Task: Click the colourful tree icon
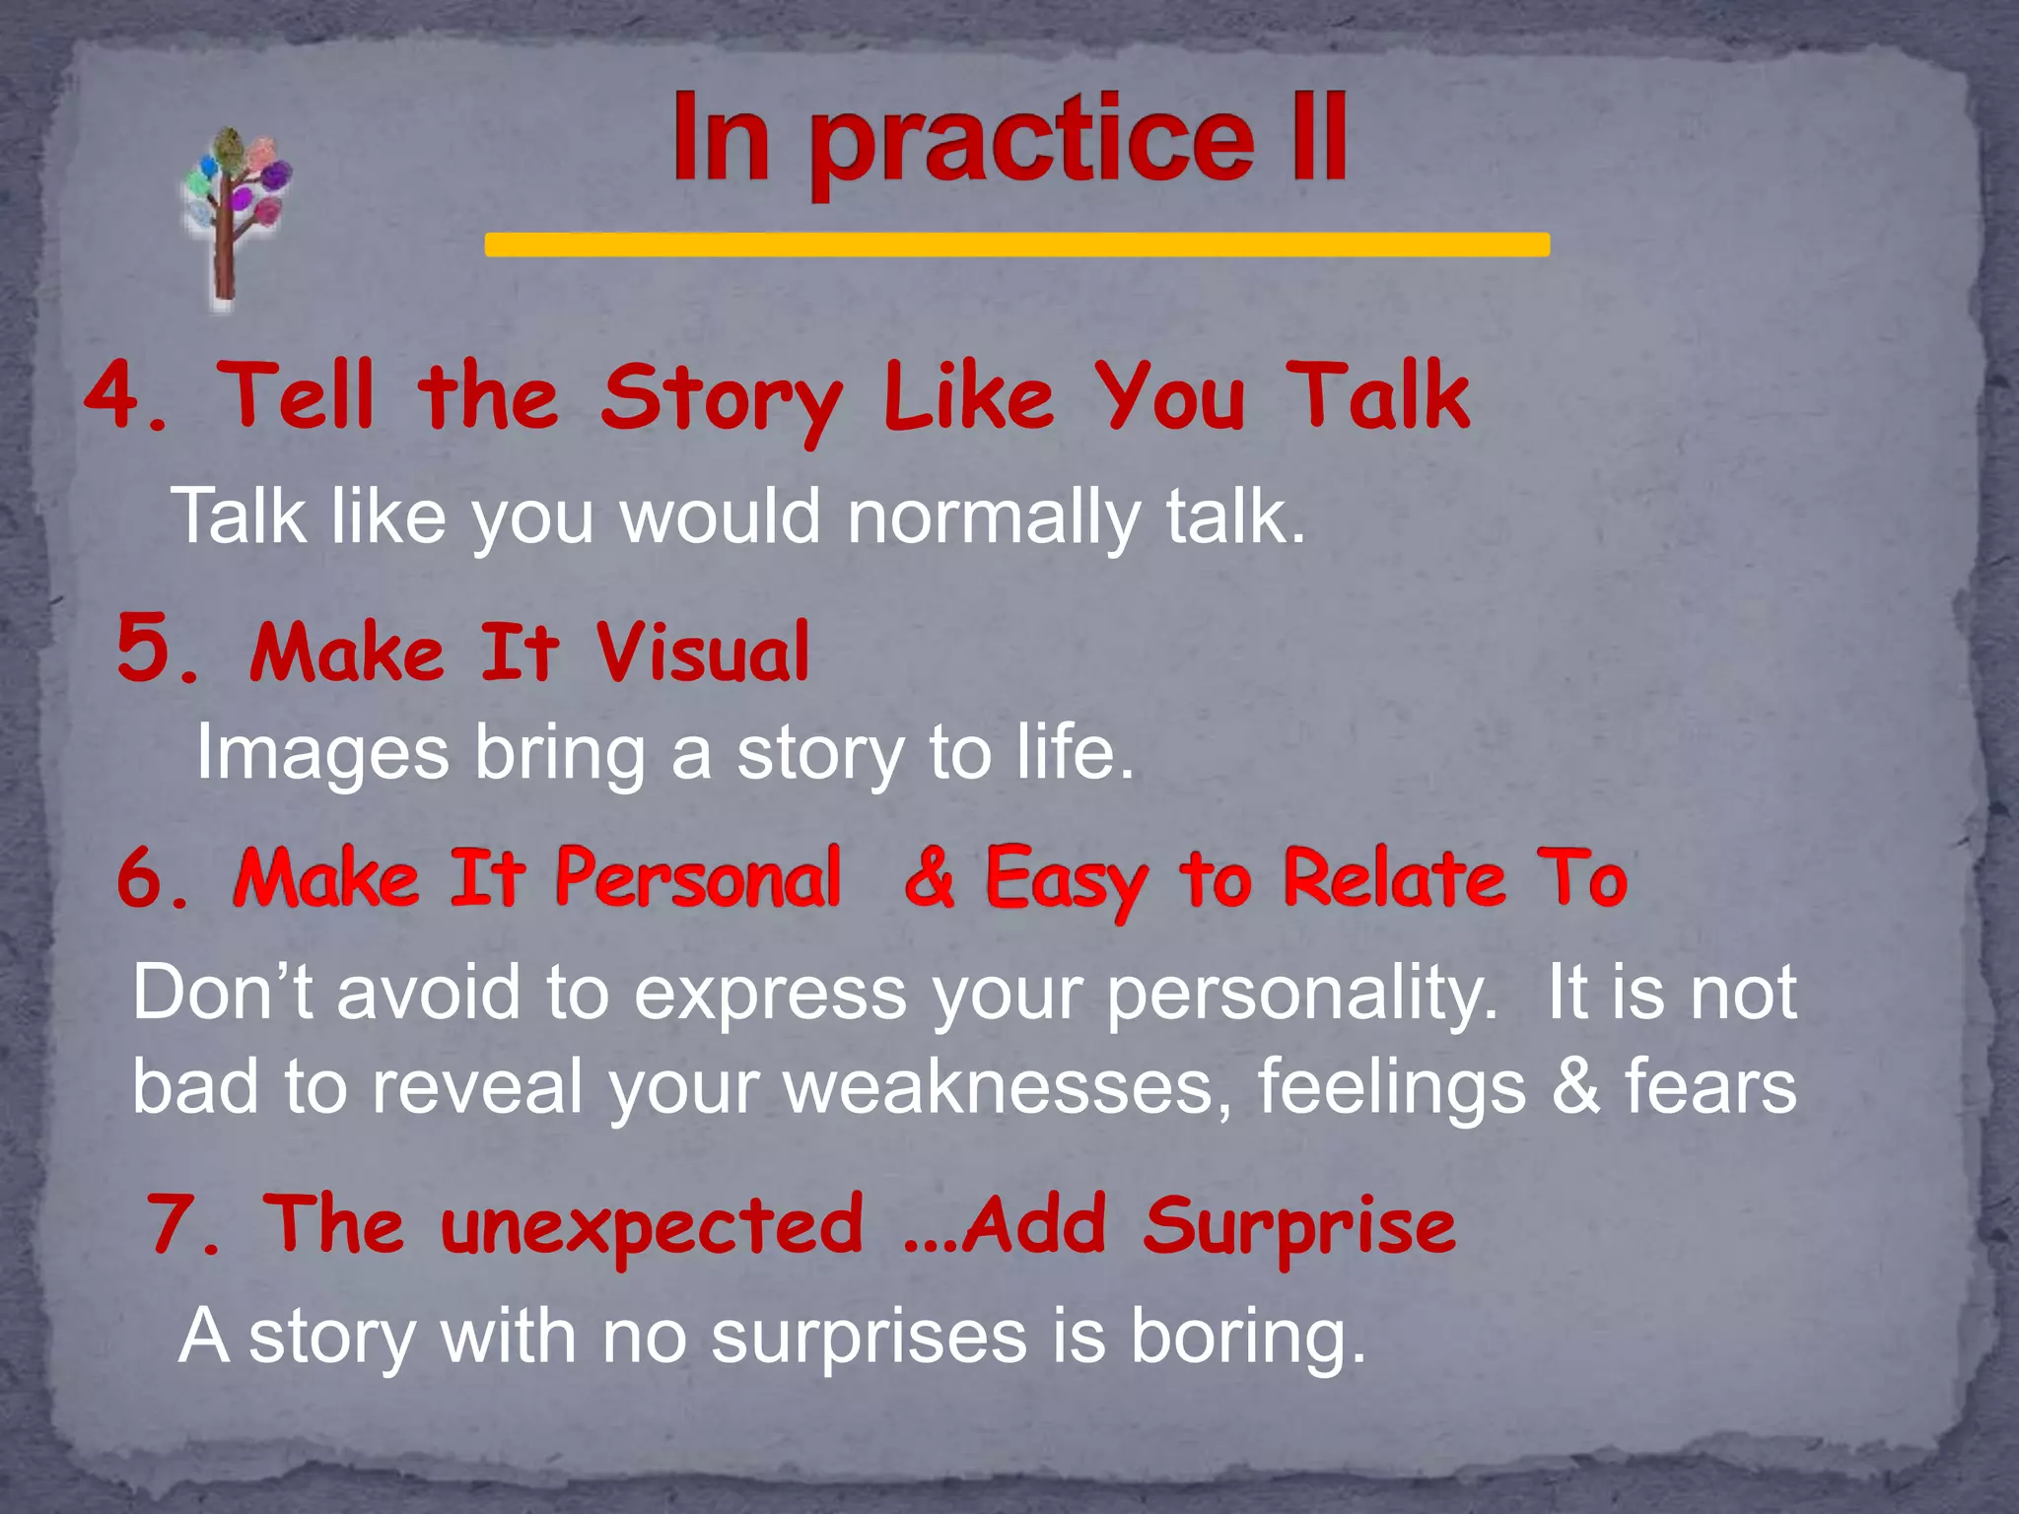(235, 212)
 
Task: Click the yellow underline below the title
(1016, 244)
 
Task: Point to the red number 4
(115, 395)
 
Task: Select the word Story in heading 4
(721, 399)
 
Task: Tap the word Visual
(702, 652)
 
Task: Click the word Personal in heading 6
(698, 876)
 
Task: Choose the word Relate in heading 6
(1396, 876)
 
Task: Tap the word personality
(1301, 994)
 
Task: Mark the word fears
(1710, 1087)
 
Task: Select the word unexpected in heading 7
(652, 1227)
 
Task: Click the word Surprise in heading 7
(1299, 1227)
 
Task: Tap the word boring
(1247, 1338)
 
